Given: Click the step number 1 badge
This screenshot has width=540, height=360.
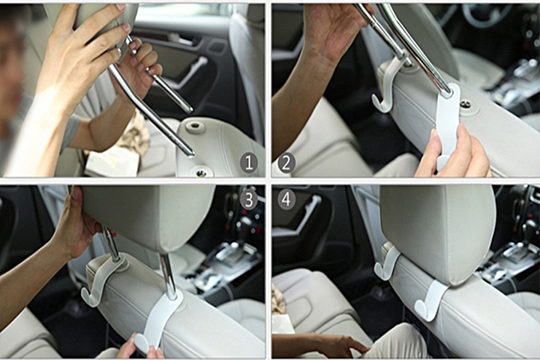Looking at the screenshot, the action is tap(249, 163).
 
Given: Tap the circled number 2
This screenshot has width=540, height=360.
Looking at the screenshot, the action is tap(286, 163).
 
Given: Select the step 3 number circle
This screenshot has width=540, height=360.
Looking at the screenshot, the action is tap(249, 200).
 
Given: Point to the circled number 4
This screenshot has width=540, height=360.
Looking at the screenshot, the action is tap(286, 199).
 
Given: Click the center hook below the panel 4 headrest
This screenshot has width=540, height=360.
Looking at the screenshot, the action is tap(430, 301).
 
